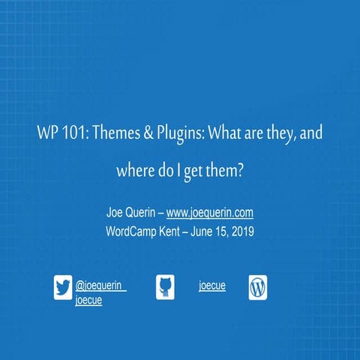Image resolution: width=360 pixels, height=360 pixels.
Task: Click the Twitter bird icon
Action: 63,288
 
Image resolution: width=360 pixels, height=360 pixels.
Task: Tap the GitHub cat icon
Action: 165,287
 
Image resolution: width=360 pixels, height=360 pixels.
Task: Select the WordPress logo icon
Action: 258,287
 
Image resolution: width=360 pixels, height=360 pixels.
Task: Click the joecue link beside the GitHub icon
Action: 212,286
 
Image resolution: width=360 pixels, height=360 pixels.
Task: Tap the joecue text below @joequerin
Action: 89,300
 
